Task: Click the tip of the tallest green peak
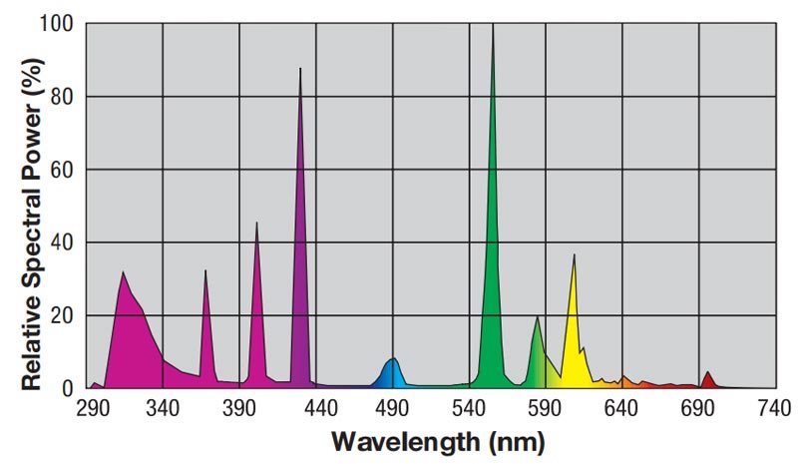coord(493,26)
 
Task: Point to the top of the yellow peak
coord(575,255)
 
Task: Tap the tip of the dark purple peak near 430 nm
coord(300,69)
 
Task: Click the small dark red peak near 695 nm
coord(707,373)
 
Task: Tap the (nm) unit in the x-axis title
coord(518,440)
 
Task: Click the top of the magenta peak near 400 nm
coord(256,224)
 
